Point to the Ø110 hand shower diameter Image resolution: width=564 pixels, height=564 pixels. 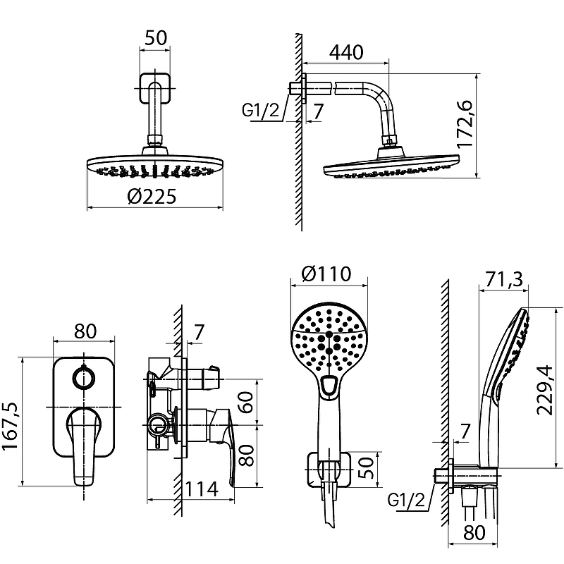click(328, 274)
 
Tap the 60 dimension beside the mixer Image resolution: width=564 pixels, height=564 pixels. click(246, 404)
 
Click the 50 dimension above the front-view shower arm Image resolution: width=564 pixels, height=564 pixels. click(155, 38)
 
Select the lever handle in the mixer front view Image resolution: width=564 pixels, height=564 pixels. click(84, 444)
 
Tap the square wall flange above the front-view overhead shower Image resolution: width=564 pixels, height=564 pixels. click(155, 89)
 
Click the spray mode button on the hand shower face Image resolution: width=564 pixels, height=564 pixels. click(329, 384)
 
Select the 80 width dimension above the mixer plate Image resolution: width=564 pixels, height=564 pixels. click(85, 331)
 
